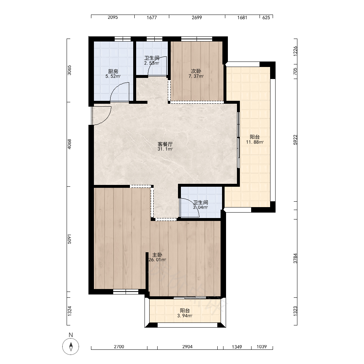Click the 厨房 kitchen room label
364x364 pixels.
pos(113,71)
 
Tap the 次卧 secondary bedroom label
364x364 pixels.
pos(196,71)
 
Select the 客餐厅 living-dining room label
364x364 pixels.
pos(165,144)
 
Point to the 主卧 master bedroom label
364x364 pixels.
pos(157,255)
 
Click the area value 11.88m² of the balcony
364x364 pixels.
pos(255,142)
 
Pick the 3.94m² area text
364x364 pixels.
pos(185,316)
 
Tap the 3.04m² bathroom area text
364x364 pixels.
pos(200,207)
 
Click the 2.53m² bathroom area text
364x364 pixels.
pos(151,63)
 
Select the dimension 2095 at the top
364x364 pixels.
pos(113,17)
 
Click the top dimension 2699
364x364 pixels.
pos(197,17)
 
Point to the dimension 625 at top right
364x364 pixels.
pos(266,17)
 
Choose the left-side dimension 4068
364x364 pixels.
pos(70,144)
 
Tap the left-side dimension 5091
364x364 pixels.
pos(70,239)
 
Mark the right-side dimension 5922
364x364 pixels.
pos(295,140)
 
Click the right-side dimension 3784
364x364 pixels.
pos(295,258)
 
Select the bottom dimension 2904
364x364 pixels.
pos(187,347)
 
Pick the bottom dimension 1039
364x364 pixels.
pos(262,347)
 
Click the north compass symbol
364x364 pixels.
pos(71,347)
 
